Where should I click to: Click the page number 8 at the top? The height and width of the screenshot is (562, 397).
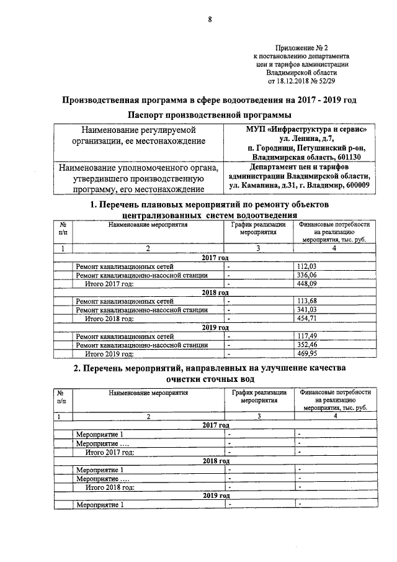[210, 20]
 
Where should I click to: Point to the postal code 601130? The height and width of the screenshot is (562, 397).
[355, 156]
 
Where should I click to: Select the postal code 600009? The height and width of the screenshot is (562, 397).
[355, 184]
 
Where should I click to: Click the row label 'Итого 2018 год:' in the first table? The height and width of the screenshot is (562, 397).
[109, 319]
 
